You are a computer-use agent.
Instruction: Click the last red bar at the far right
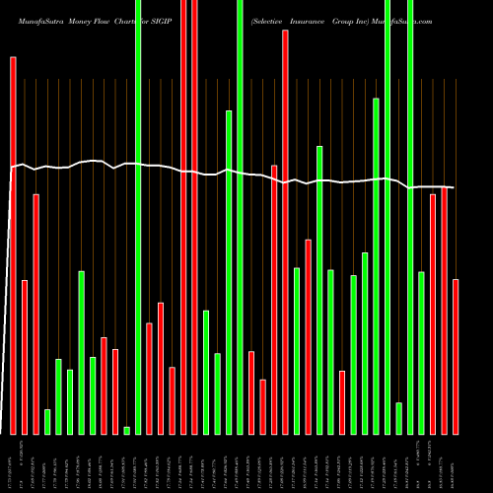(x=456, y=356)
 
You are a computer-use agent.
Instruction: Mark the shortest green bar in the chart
(x=126, y=430)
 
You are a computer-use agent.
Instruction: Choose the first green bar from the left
(x=47, y=421)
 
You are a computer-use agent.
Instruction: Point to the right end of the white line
(x=454, y=187)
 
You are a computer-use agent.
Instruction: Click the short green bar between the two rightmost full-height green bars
(x=398, y=418)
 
